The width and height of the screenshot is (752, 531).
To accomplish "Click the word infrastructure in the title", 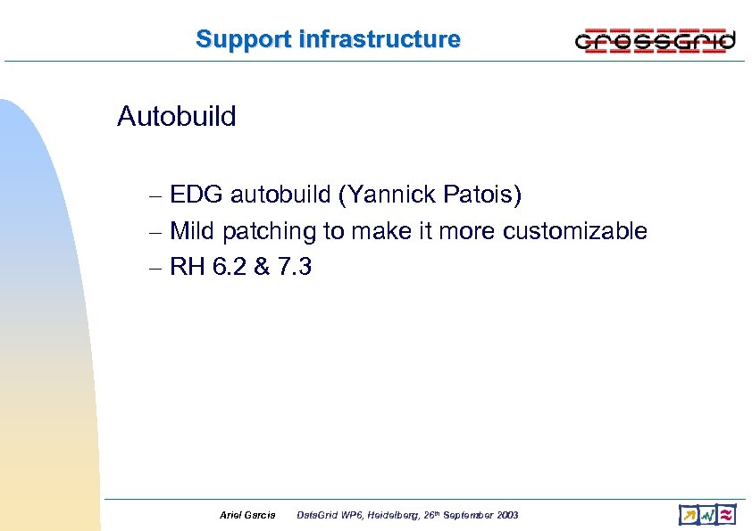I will point(380,39).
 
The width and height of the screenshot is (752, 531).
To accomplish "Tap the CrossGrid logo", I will point(655,41).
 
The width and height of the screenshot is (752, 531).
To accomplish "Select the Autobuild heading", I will point(177,116).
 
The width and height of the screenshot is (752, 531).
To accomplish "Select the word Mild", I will point(193,231).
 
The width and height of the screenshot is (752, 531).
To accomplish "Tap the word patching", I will point(270,232).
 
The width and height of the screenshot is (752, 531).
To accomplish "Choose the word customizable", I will point(575,231).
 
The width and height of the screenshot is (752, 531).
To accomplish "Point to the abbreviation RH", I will point(187,267).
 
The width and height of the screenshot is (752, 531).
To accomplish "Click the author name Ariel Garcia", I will point(247,515).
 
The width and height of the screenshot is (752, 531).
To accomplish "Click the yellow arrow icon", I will point(689,514).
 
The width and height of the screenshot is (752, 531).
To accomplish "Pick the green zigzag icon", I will point(707,514).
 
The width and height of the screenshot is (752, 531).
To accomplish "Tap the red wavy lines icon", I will point(727,514).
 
